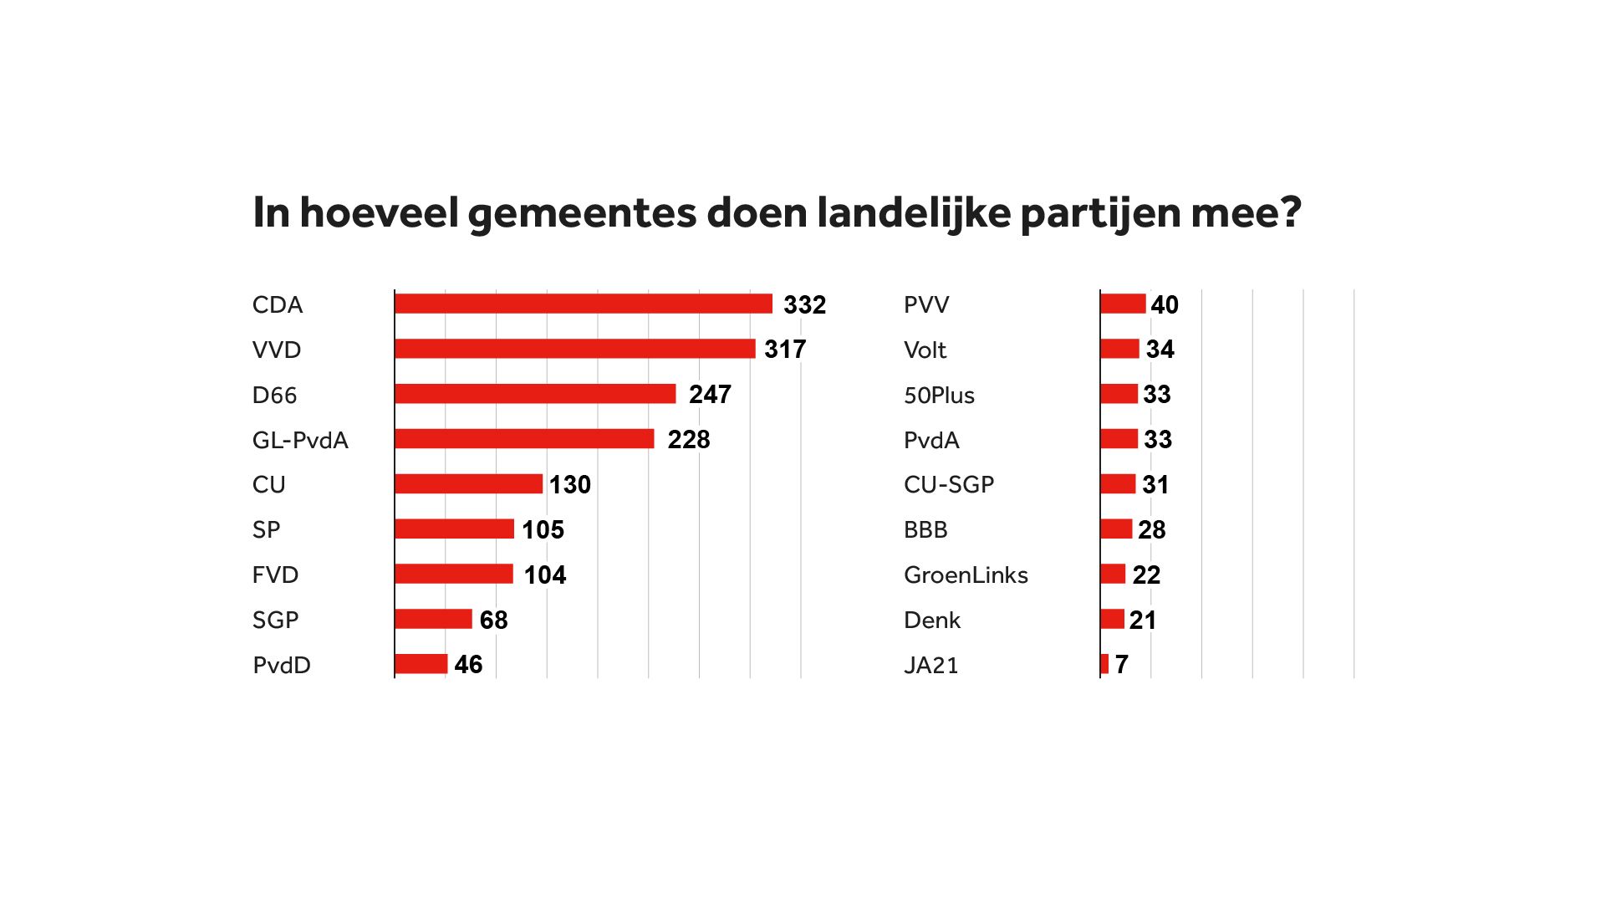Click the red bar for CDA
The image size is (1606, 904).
pyautogui.click(x=584, y=304)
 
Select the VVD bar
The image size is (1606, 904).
pyautogui.click(x=575, y=349)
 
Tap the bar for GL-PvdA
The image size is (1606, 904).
pyautogui.click(x=524, y=439)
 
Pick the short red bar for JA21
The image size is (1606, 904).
pyautogui.click(x=1104, y=664)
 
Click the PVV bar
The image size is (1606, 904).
pyautogui.click(x=1123, y=304)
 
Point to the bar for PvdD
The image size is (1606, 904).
pyautogui.click(x=421, y=664)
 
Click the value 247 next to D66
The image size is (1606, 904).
pyautogui.click(x=710, y=395)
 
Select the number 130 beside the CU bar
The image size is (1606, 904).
pyautogui.click(x=570, y=485)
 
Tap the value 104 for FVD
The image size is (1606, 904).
pyautogui.click(x=545, y=575)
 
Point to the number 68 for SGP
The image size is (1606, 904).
pyautogui.click(x=493, y=621)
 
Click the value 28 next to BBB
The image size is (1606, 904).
pyautogui.click(x=1151, y=530)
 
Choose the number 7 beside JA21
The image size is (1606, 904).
pyautogui.click(x=1122, y=665)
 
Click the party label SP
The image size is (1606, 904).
pyautogui.click(x=266, y=530)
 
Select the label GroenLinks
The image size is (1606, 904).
pyautogui.click(x=966, y=575)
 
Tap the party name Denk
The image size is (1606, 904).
pyautogui.click(x=932, y=621)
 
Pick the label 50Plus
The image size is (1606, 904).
pyautogui.click(x=939, y=395)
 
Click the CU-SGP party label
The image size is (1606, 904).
pyautogui.click(x=949, y=485)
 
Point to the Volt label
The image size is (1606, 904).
pyautogui.click(x=925, y=350)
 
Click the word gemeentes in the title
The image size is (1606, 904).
pyautogui.click(x=582, y=213)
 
